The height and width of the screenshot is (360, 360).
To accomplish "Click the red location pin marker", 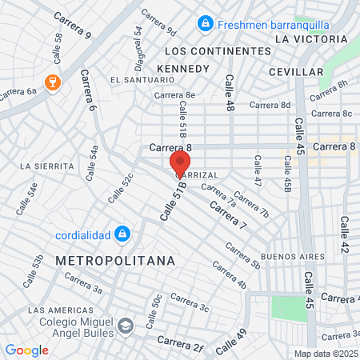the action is (179, 163).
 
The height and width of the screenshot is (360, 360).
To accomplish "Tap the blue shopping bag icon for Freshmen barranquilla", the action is (206, 24).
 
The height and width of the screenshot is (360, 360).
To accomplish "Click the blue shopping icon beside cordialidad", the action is (122, 234).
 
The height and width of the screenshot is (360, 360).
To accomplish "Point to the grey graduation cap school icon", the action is (126, 326).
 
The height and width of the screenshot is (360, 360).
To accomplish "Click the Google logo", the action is (26, 350).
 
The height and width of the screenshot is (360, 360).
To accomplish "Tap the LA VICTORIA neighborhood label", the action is (312, 38).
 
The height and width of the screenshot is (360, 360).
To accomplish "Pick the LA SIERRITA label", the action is (48, 166).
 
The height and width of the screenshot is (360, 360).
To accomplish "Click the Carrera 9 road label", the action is (73, 26).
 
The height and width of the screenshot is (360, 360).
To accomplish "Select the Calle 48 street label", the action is (229, 92).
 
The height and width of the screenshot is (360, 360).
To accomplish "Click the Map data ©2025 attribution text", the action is (326, 354).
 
